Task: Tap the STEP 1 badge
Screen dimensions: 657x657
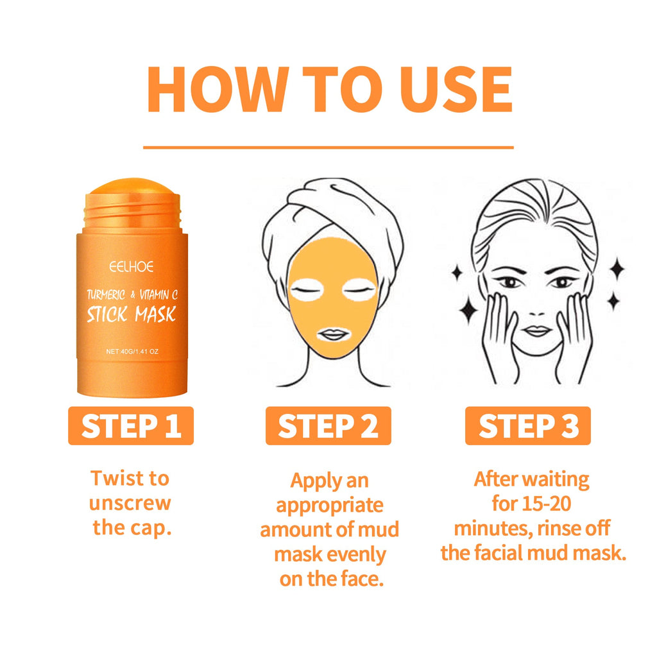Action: [131, 426]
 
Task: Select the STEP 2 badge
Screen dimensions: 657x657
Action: [328, 426]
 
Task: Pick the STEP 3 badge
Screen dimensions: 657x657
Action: [528, 426]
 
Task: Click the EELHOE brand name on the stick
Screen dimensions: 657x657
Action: [131, 266]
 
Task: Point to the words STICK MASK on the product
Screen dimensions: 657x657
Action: [131, 314]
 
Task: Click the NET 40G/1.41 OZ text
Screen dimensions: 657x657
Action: [131, 351]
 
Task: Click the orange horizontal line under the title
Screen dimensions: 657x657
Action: [328, 148]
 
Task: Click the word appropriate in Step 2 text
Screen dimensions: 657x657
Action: [330, 505]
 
